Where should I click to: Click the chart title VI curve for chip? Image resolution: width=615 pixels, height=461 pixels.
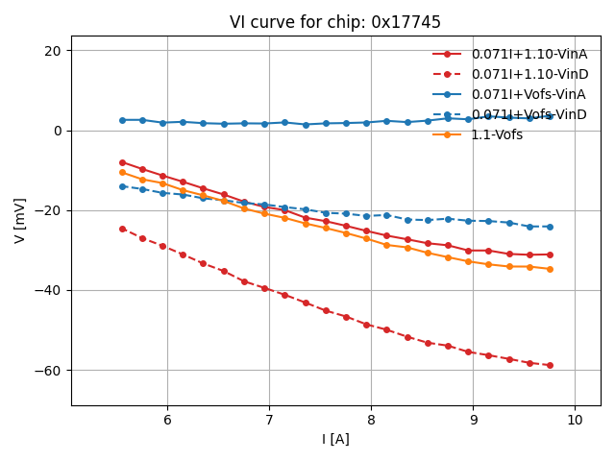(x=334, y=22)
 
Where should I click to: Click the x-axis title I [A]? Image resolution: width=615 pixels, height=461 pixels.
(x=335, y=439)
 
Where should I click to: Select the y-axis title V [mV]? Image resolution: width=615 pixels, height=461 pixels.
(x=20, y=221)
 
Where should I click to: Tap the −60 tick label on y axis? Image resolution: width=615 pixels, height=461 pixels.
(x=49, y=371)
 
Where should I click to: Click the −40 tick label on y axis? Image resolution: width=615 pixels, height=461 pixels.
(x=49, y=291)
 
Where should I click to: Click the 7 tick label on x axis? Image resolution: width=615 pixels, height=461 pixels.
(x=269, y=420)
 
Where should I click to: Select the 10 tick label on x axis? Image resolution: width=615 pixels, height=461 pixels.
(x=575, y=420)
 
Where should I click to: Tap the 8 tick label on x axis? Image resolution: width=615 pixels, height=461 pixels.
(x=371, y=420)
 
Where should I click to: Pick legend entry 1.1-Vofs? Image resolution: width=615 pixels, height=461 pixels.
(x=497, y=134)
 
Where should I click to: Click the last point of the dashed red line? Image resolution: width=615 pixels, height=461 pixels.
(x=550, y=365)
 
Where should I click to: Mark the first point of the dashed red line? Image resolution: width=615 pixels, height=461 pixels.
(x=122, y=229)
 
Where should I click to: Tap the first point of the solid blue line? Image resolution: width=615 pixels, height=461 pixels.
(x=122, y=120)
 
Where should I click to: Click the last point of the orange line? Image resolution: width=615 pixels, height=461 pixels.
(x=550, y=269)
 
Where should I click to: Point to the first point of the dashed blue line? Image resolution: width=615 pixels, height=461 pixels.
(x=122, y=186)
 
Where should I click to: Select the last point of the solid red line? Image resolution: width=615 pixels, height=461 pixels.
(x=550, y=255)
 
